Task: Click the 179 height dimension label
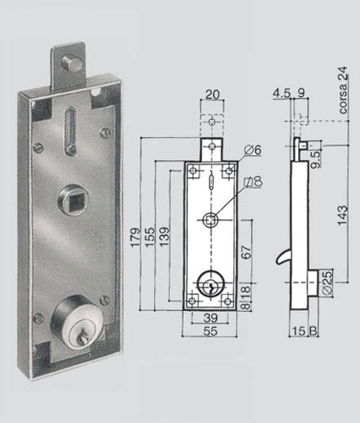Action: (136, 238)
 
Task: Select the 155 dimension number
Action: (149, 238)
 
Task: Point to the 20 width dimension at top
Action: (212, 94)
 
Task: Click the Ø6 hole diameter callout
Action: (253, 150)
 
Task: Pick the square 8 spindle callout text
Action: (253, 182)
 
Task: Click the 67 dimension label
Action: (246, 252)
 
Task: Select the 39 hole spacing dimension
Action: (211, 318)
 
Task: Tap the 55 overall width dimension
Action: (211, 332)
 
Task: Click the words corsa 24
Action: (343, 90)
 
